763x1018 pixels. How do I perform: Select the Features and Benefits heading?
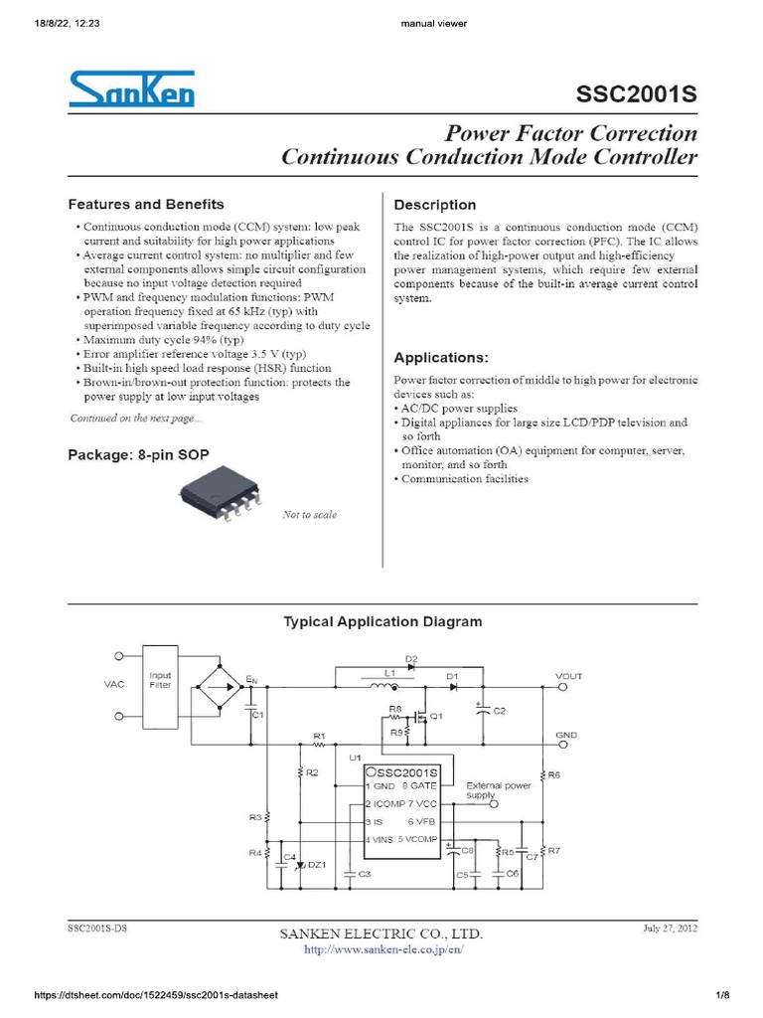click(x=145, y=205)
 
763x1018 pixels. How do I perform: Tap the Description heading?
click(x=435, y=206)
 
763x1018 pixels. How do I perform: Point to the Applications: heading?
click(x=441, y=357)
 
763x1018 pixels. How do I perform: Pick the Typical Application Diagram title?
click(x=382, y=621)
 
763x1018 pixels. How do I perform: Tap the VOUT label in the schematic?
click(x=569, y=676)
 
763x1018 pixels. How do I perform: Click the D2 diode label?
click(x=411, y=659)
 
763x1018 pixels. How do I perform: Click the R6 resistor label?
click(x=554, y=774)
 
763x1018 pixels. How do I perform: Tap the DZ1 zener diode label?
click(x=317, y=864)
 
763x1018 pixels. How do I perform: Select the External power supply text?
click(x=499, y=790)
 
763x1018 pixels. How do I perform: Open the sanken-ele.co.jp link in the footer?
click(x=382, y=949)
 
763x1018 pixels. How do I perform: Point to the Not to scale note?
click(x=310, y=515)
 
